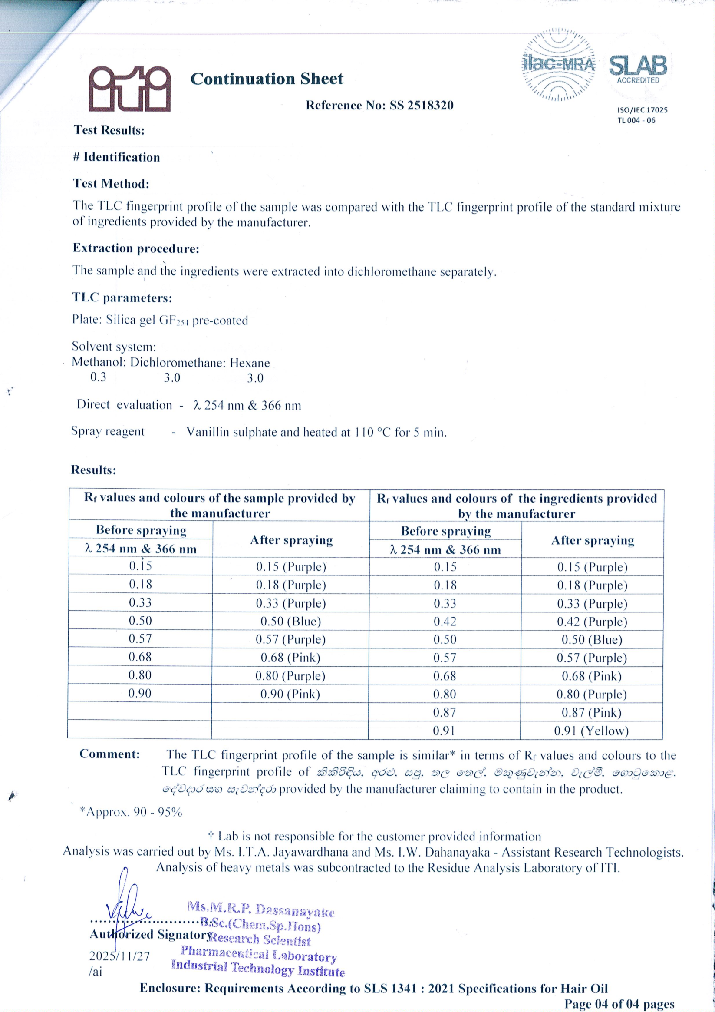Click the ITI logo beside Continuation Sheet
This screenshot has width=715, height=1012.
click(129, 89)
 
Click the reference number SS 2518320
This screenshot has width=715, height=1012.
click(421, 106)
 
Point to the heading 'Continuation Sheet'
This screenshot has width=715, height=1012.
click(267, 79)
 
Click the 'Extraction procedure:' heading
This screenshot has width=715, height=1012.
click(136, 248)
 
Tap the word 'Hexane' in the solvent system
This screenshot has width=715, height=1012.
click(250, 363)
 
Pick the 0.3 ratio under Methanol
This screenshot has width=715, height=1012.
click(98, 377)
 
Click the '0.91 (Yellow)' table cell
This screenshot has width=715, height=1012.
click(591, 731)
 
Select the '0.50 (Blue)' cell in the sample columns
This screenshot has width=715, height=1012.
click(291, 622)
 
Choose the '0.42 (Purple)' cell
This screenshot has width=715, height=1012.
click(592, 622)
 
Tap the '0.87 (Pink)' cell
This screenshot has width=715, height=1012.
click(591, 713)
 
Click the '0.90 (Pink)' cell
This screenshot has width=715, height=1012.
click(290, 694)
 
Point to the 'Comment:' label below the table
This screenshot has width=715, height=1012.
click(110, 754)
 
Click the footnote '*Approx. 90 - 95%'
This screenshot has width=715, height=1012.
click(130, 812)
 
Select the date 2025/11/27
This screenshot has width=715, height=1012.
click(119, 956)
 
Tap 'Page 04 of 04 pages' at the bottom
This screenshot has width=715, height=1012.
click(619, 1004)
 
